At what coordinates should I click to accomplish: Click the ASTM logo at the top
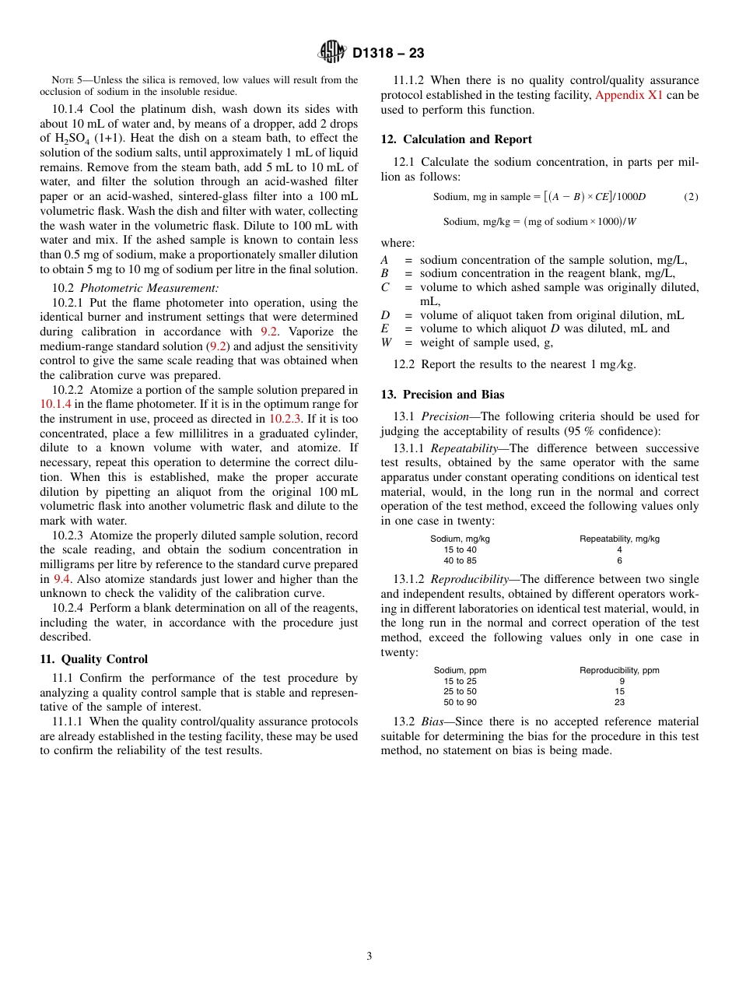[332, 52]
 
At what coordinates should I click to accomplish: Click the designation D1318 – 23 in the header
[388, 54]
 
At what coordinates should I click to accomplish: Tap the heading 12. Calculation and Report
[456, 139]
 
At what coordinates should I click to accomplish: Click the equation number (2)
[691, 197]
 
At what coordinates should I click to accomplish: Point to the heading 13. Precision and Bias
[443, 395]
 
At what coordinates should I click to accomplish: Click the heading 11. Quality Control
[93, 659]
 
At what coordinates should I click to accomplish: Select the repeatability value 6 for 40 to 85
[619, 560]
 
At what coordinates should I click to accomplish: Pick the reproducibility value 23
[619, 702]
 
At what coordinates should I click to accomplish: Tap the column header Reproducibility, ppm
[619, 670]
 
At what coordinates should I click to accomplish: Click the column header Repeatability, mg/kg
[619, 539]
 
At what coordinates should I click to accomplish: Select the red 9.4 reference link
[62, 579]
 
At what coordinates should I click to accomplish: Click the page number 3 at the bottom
[369, 957]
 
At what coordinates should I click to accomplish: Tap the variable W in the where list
[386, 342]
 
